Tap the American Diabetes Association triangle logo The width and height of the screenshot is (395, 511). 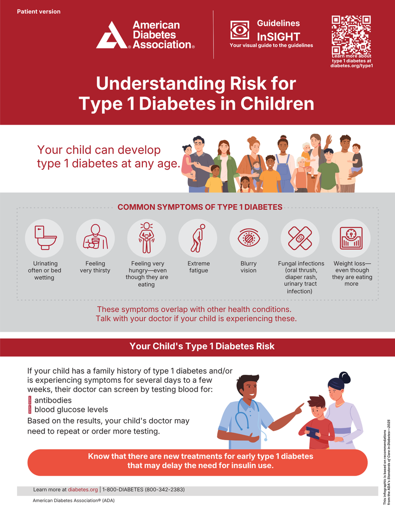(x=112, y=35)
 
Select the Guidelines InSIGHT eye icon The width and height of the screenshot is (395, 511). (x=240, y=30)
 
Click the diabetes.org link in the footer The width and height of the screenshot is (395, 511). (x=82, y=490)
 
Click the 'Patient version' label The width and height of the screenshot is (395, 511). (x=38, y=11)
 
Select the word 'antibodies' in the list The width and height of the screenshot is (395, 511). (x=53, y=400)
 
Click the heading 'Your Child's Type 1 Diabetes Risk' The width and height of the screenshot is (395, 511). (x=202, y=346)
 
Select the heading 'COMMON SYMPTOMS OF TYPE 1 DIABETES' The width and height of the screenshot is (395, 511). (x=200, y=207)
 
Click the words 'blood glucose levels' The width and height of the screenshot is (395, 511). (x=71, y=410)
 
